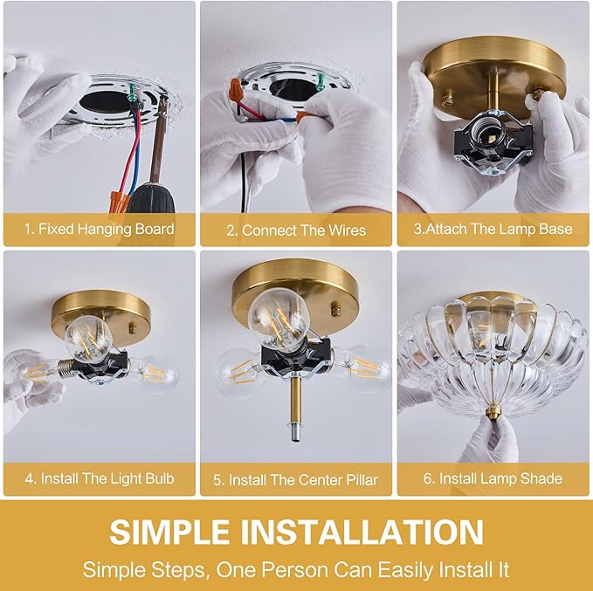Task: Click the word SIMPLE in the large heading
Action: pos(169,532)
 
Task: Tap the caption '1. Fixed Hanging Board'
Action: pos(99,229)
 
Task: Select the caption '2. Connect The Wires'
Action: pos(296,230)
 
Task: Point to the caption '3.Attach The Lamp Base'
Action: pos(493,229)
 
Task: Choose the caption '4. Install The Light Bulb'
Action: pos(100,478)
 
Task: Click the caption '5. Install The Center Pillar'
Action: pos(295,480)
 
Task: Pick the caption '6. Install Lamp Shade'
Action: pos(493,478)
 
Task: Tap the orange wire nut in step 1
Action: pos(121,203)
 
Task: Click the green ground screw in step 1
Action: pos(133,94)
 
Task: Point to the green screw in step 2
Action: pos(321,81)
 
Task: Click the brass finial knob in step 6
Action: pos(492,413)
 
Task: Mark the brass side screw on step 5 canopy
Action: pos(335,308)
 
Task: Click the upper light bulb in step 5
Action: pos(279,319)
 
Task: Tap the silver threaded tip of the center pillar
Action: pos(295,432)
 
